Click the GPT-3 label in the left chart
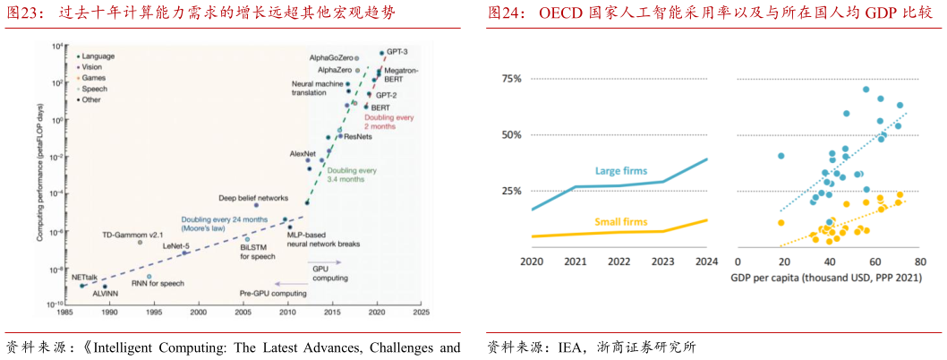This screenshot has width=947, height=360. (398, 54)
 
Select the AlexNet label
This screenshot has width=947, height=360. (303, 154)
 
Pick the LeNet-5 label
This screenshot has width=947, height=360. (175, 244)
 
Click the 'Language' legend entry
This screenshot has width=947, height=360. (98, 56)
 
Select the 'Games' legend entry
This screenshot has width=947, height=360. (94, 78)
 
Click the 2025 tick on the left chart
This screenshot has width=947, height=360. (421, 313)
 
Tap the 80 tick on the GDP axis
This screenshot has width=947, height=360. (920, 261)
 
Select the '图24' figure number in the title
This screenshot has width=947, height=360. (505, 13)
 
